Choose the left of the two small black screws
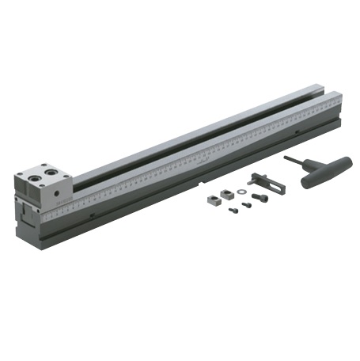pyautogui.click(x=235, y=211)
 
